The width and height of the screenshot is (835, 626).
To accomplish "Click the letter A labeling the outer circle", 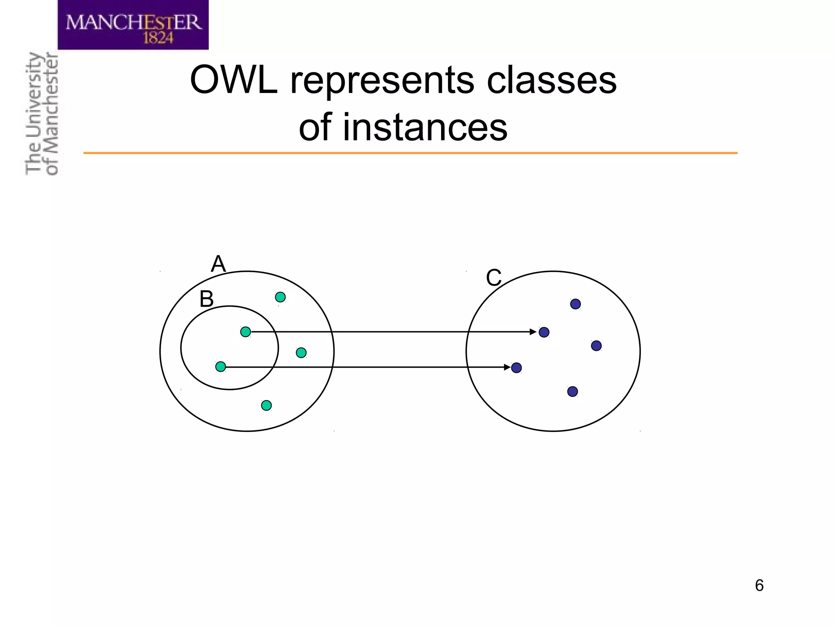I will click(218, 264).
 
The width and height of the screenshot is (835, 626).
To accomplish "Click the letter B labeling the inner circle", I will click(206, 299).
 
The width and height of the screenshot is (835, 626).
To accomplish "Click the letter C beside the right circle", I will click(493, 278).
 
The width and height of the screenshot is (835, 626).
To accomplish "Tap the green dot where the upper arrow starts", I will click(245, 332).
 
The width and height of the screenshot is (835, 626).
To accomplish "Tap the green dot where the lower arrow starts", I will click(221, 367).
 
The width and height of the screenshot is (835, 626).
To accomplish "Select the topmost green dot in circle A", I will click(280, 297).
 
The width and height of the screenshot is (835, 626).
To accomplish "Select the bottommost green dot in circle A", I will click(266, 406).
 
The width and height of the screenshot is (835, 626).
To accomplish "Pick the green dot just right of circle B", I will click(301, 353).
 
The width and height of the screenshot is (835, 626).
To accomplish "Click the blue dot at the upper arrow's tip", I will click(544, 332).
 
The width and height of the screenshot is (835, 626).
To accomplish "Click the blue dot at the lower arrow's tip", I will click(517, 368).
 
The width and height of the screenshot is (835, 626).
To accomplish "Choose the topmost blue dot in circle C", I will click(575, 304).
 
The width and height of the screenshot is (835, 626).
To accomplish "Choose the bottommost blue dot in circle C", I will click(572, 392).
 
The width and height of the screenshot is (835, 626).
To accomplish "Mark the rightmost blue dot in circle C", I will click(596, 346).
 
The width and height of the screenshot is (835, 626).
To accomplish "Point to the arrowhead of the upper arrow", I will click(533, 332).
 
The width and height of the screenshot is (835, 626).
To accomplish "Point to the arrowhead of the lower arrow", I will click(507, 368).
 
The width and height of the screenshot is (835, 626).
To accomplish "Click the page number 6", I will click(759, 586).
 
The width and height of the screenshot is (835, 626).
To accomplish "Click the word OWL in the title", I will click(234, 80).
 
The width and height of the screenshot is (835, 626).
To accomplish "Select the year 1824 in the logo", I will click(158, 38).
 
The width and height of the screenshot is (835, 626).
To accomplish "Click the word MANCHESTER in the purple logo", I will click(134, 22).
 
